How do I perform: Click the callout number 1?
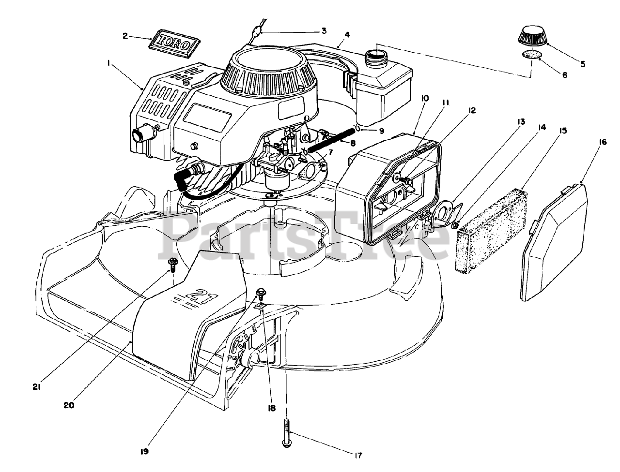(x=109, y=63)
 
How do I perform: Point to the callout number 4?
(x=347, y=35)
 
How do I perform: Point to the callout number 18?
(x=270, y=408)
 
